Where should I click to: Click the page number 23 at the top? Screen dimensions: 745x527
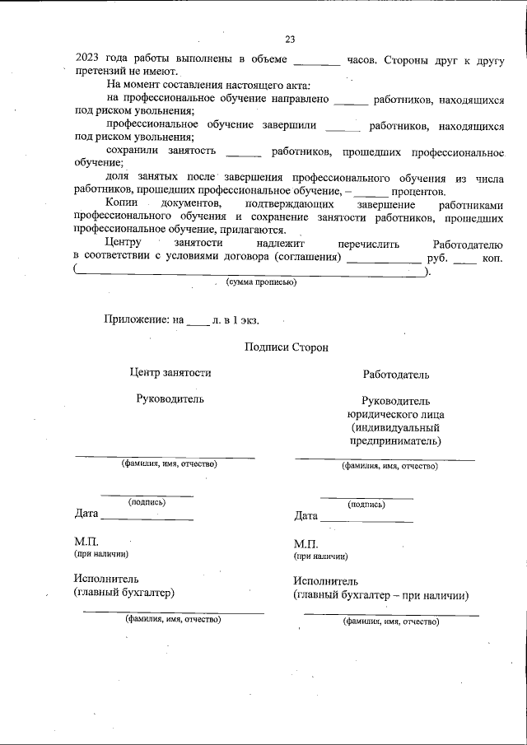click(x=290, y=39)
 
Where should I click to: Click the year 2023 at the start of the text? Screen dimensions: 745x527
click(x=88, y=59)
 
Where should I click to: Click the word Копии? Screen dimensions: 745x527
click(x=122, y=204)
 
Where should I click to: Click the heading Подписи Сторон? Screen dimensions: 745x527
click(x=286, y=347)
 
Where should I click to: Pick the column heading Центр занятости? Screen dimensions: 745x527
click(x=170, y=373)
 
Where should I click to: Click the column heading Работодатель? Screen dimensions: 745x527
click(x=396, y=375)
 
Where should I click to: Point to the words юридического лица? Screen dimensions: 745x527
click(x=395, y=414)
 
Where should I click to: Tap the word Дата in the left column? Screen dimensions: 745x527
click(x=86, y=515)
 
